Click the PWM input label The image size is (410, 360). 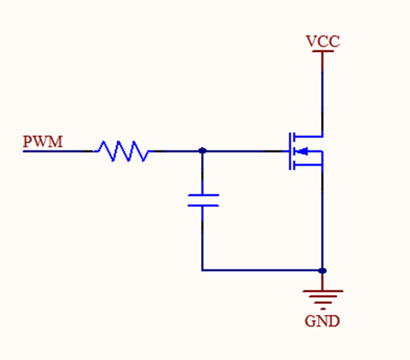coord(43,142)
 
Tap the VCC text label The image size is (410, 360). coord(322,41)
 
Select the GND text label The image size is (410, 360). coord(322,322)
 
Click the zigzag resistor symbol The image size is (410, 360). coord(122,150)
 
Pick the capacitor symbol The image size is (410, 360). coord(202,200)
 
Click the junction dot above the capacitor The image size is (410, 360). coord(202,150)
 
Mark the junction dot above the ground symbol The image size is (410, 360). coord(322,270)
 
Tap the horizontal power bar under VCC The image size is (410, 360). coord(322,51)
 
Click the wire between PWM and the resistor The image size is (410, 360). coord(59,150)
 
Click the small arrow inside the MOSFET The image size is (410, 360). coord(304,150)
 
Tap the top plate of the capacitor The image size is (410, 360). coord(202,195)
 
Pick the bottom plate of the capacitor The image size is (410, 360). coord(202,205)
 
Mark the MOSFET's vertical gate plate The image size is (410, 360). coord(288,150)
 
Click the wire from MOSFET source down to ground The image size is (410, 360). coord(322,216)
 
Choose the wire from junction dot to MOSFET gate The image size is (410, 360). coord(244,150)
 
